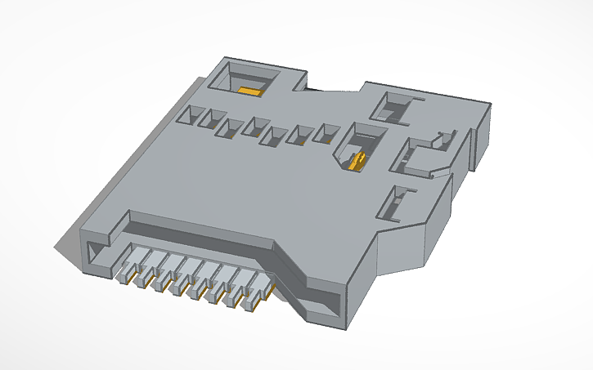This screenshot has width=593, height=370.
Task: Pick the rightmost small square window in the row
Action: click(329, 133)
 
